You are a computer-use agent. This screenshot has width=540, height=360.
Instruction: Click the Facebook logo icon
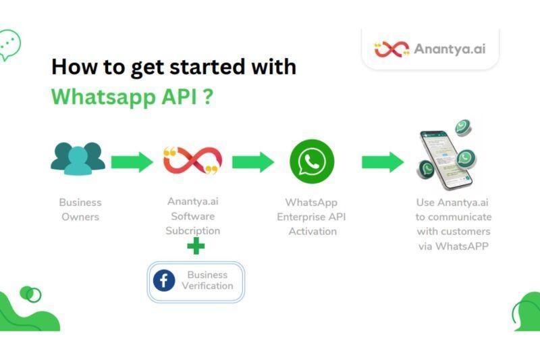(164, 280)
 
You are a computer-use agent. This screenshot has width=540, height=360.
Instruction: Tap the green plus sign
(196, 246)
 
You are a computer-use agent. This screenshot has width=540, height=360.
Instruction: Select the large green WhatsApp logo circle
(312, 161)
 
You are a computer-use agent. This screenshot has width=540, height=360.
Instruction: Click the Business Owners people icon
(78, 159)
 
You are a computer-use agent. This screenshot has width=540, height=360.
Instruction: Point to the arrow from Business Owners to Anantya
(132, 162)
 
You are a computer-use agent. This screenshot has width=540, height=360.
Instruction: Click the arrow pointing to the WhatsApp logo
(253, 162)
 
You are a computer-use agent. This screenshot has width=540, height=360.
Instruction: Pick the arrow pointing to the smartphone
(383, 162)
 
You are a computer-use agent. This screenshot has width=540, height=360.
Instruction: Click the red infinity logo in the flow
(193, 161)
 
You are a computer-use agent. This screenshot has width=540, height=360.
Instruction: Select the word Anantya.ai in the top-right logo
(450, 49)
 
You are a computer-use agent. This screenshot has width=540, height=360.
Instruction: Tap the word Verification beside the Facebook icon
(208, 286)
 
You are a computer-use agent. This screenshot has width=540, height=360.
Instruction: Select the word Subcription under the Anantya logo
(193, 231)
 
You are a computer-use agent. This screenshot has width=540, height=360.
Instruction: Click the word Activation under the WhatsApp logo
(313, 231)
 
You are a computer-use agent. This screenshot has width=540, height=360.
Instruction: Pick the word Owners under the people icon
(80, 217)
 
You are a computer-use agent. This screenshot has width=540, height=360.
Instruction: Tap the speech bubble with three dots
(9, 45)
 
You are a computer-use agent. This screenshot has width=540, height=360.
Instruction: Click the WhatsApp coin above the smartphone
(463, 128)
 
